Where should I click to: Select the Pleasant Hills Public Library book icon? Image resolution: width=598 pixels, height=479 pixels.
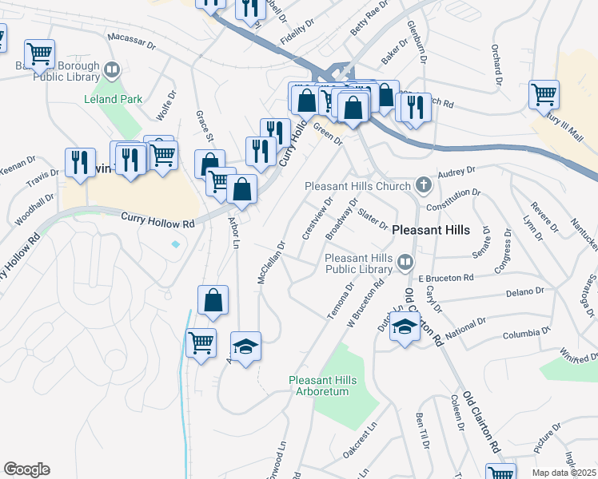pyautogui.click(x=406, y=261)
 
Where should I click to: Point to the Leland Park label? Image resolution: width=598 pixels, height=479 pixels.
pyautogui.click(x=114, y=100)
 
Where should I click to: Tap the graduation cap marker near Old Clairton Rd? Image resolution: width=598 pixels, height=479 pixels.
pyautogui.click(x=405, y=327)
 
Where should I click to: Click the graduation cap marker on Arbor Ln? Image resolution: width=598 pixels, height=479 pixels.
pyautogui.click(x=245, y=346)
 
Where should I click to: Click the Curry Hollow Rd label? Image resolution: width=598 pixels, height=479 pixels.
pyautogui.click(x=157, y=220)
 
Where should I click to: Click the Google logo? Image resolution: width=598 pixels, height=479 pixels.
pyautogui.click(x=26, y=469)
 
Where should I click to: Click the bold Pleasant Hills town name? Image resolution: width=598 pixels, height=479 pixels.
pyautogui.click(x=432, y=229)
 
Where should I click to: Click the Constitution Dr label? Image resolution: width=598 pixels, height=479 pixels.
pyautogui.click(x=452, y=199)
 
